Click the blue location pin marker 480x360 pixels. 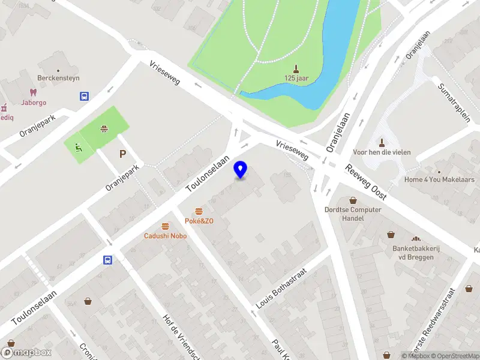click(x=241, y=169)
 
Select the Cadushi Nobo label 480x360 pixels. click(x=165, y=236)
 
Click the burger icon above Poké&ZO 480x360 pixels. click(x=199, y=211)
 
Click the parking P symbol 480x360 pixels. click(x=122, y=154)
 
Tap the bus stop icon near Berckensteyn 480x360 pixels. click(x=84, y=96)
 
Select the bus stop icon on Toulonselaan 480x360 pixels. click(x=107, y=260)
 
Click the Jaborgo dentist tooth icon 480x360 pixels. click(x=34, y=92)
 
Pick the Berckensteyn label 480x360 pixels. click(x=59, y=78)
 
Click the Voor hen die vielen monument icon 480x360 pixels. click(x=382, y=142)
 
